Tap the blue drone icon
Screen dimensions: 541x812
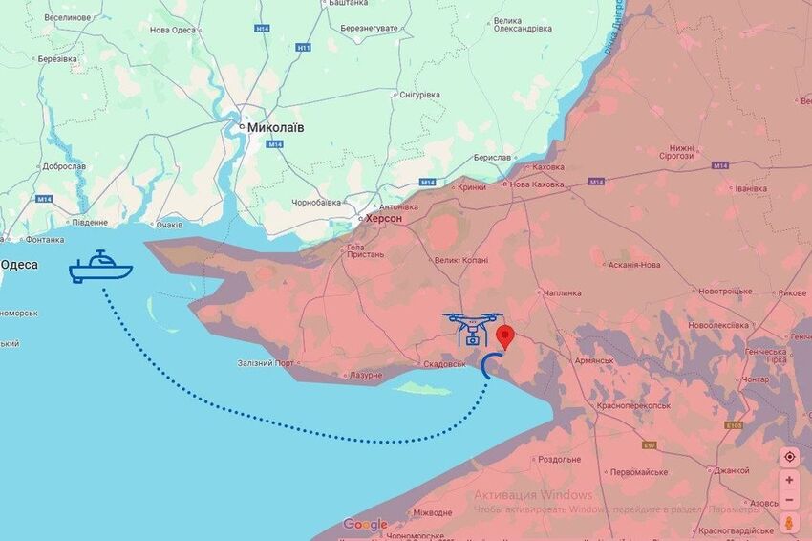472,328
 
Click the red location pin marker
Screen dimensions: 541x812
505,336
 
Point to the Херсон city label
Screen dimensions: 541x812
385,218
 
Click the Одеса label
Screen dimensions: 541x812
18,265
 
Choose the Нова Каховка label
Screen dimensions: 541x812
537,184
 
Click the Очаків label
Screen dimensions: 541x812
169,225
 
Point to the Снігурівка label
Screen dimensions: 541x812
419,94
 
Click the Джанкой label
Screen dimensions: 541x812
731,470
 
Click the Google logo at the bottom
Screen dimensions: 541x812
365,524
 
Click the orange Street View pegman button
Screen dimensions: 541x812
789,523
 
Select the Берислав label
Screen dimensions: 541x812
493,158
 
